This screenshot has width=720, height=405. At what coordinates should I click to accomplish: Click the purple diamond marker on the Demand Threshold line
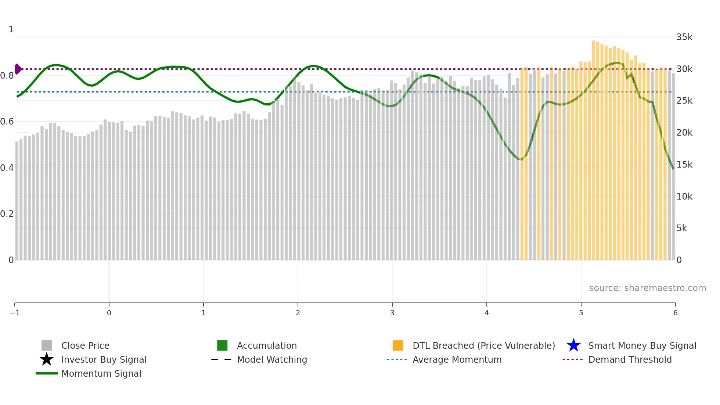point(18,69)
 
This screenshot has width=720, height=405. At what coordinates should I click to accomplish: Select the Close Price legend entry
point(85,345)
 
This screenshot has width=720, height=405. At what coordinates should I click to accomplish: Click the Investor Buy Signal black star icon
point(47,359)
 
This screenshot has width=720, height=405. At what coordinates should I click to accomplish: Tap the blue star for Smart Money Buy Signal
point(573,345)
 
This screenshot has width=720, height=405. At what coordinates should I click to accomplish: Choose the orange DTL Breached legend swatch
point(398,345)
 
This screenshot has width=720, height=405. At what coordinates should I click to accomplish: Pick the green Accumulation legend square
point(222,345)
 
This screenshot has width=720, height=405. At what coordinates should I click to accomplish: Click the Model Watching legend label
point(272,359)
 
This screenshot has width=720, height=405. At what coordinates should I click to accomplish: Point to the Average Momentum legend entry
point(457,359)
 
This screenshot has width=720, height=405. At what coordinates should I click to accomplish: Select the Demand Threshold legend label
point(630,359)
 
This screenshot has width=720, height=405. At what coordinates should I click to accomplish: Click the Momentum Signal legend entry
point(101,373)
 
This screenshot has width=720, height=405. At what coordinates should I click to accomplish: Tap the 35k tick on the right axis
point(684,37)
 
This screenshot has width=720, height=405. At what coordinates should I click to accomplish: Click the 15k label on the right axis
point(684,165)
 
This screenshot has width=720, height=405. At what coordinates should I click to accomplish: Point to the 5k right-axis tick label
point(681,228)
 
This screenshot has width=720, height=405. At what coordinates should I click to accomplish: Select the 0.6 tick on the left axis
point(7,122)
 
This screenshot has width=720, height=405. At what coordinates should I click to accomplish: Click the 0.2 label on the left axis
point(7,214)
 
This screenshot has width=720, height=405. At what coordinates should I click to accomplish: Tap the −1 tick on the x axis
point(15,313)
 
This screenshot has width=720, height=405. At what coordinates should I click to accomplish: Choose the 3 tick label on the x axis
point(392,313)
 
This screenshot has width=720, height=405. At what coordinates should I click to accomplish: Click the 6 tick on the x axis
point(675,313)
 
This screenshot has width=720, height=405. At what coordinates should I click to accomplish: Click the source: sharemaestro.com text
point(647,288)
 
